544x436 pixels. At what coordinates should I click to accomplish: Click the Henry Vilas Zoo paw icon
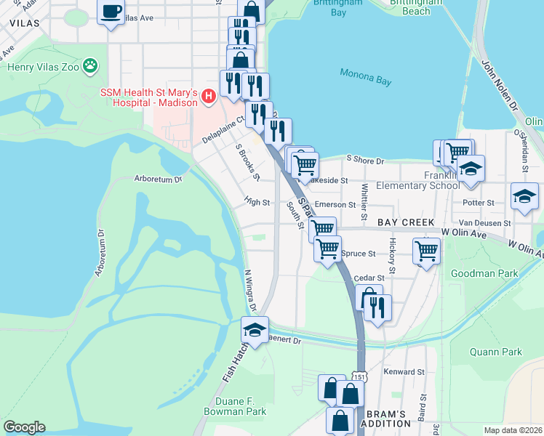pos(90,66)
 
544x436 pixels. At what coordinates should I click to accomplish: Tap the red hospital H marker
pos(209,96)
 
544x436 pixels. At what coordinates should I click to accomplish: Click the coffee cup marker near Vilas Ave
pos(111,12)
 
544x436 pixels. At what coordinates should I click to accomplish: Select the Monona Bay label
pos(365,76)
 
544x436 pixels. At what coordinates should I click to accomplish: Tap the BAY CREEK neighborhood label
pos(405,222)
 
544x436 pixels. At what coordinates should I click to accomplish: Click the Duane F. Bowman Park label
pos(235,405)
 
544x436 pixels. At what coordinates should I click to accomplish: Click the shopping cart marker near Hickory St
pos(426,251)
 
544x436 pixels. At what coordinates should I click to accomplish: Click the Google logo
pos(24,427)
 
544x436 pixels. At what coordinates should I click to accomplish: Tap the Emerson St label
pos(335,205)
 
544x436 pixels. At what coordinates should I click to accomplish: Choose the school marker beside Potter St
pos(524,195)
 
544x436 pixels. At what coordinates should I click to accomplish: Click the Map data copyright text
pos(513,429)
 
